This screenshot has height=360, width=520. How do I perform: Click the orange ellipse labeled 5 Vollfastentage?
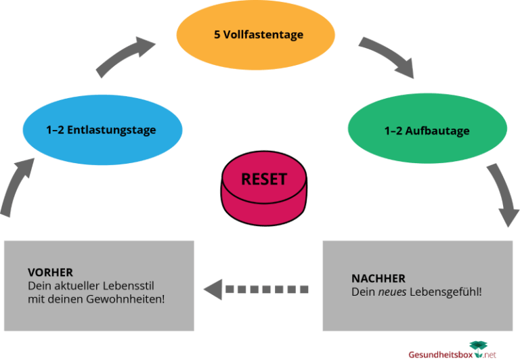point(255,34)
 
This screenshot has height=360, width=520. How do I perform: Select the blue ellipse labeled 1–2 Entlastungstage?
point(102,129)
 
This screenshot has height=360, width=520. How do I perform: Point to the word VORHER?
point(50,272)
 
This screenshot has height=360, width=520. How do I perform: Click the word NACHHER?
point(378,278)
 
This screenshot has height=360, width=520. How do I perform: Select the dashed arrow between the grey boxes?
point(257,289)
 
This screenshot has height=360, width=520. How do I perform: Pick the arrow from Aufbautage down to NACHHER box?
point(503,196)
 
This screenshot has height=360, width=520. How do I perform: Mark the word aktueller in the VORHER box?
point(78,285)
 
